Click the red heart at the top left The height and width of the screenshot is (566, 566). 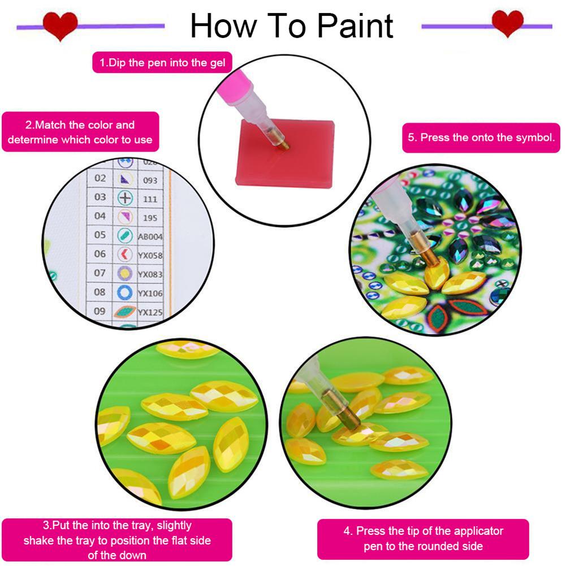point(60,26)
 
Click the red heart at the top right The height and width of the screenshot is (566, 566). point(508,23)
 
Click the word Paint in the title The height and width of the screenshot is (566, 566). point(355,25)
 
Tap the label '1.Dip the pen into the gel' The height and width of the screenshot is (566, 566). point(162,62)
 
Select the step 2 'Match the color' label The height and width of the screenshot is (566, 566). point(80,132)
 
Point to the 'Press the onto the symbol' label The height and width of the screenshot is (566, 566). point(481,137)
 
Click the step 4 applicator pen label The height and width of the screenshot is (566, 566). point(423,538)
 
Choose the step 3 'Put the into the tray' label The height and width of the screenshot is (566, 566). point(117,540)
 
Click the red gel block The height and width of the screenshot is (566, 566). point(284,153)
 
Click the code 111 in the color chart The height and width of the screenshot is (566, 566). point(150,199)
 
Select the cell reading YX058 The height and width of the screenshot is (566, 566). point(150,256)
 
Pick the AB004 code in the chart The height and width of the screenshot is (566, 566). point(150,237)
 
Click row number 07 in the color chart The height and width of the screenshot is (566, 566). point(100,273)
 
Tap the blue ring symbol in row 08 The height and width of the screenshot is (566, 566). point(124,292)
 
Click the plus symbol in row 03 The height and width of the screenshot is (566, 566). point(125,198)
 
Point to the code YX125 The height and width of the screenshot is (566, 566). point(150,312)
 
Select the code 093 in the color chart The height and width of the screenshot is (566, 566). point(150,180)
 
